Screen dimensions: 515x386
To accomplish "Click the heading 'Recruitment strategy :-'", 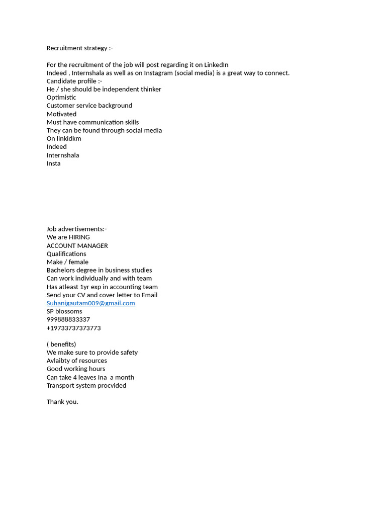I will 79,48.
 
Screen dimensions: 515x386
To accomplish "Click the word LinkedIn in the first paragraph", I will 216,65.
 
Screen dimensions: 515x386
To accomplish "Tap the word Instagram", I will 158,73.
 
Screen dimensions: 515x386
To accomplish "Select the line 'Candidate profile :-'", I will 74,81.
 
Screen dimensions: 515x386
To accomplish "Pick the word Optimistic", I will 61,98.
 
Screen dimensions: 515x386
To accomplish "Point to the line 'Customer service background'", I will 89,106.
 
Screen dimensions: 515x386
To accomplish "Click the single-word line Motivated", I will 61,114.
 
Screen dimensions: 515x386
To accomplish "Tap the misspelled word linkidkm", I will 69,139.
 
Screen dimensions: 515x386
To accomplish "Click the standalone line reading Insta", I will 53,163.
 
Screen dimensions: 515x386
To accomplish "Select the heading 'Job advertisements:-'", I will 76,229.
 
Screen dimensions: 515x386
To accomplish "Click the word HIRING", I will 79,237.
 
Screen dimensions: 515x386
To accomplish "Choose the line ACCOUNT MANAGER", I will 77,246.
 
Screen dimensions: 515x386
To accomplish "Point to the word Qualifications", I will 66,254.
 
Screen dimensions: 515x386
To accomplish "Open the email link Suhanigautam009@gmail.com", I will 90,303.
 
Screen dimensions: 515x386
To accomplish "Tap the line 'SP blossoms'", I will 64,311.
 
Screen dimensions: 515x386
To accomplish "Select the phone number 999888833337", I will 68,320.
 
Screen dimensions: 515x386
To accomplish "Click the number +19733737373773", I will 73,328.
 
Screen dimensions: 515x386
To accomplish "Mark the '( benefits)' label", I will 61,345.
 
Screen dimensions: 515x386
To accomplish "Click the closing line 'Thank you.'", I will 62,402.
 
